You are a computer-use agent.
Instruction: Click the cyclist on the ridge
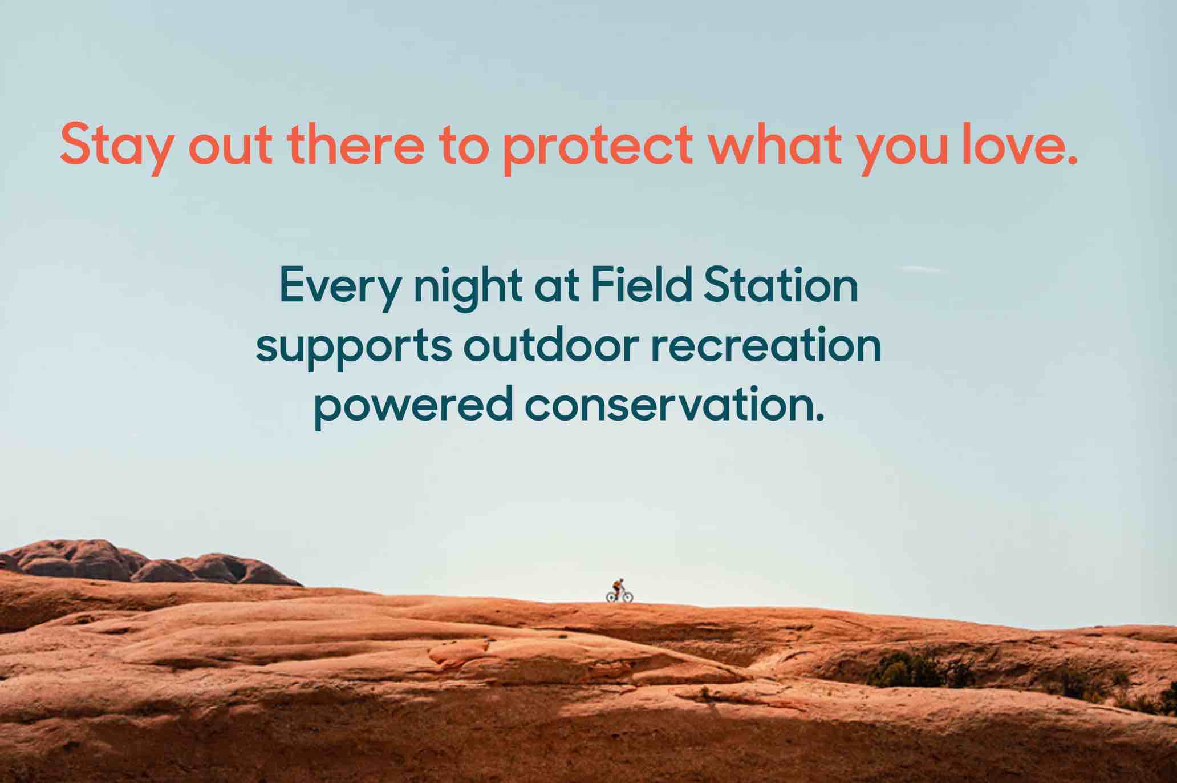pyautogui.click(x=619, y=591)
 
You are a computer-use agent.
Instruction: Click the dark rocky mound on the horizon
pyautogui.click(x=148, y=562)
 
